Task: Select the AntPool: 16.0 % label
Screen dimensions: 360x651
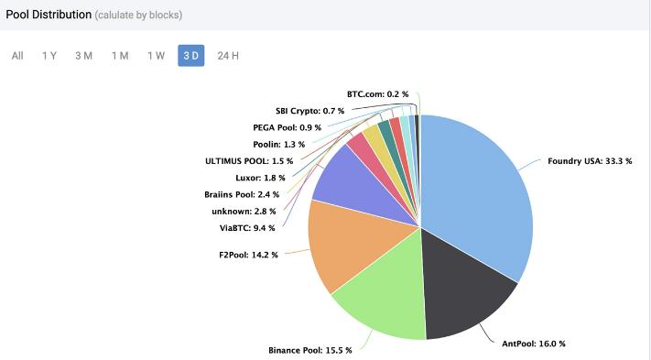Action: [534, 344]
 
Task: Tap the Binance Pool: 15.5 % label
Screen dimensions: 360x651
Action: [310, 351]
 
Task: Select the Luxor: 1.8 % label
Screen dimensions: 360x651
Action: [260, 178]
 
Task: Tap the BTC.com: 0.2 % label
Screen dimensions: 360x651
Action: [377, 94]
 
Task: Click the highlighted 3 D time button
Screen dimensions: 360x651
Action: [190, 56]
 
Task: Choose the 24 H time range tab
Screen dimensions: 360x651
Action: [228, 56]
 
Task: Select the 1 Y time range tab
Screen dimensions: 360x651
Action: [49, 56]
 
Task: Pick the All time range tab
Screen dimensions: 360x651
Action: [17, 56]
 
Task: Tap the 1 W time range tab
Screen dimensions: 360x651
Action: [156, 56]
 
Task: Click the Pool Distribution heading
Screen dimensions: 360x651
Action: [49, 15]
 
